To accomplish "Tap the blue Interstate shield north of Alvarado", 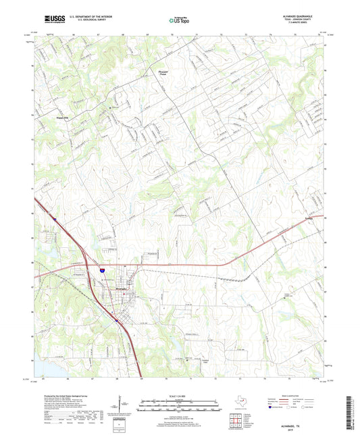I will [x=104, y=270].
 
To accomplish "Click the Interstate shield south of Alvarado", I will [x=117, y=321].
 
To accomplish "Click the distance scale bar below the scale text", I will [x=180, y=407].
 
